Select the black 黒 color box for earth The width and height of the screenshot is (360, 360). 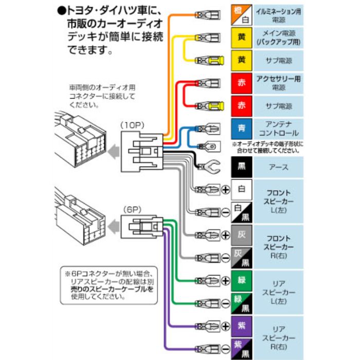(x=241, y=167)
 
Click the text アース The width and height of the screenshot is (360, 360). (x=278, y=167)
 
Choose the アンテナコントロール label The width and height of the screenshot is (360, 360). (x=278, y=129)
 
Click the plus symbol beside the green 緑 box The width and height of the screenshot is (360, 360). (x=225, y=281)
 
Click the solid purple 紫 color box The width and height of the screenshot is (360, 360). (x=241, y=326)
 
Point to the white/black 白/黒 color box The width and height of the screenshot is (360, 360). (x=241, y=212)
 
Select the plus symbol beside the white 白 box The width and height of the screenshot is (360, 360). (x=225, y=190)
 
